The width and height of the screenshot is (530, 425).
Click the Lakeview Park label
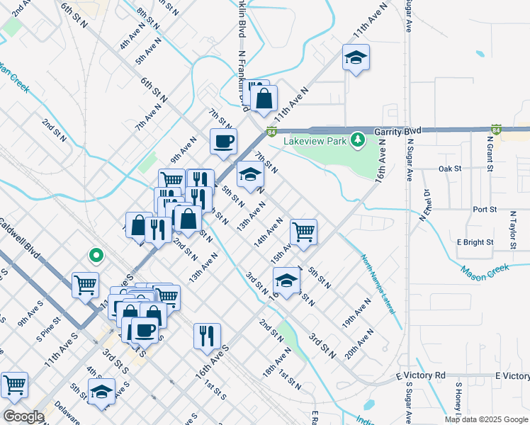(x=315, y=142)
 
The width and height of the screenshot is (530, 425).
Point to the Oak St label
(x=449, y=169)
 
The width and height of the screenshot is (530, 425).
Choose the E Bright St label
(x=475, y=242)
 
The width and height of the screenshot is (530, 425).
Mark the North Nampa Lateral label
(x=382, y=290)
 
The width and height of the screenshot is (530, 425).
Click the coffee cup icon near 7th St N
(x=223, y=140)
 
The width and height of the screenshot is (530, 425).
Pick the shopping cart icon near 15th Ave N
(x=303, y=230)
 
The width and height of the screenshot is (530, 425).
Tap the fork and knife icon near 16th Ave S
(x=207, y=336)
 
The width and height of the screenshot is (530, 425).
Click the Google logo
(x=23, y=416)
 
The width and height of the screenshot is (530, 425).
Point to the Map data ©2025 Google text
(x=485, y=419)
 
